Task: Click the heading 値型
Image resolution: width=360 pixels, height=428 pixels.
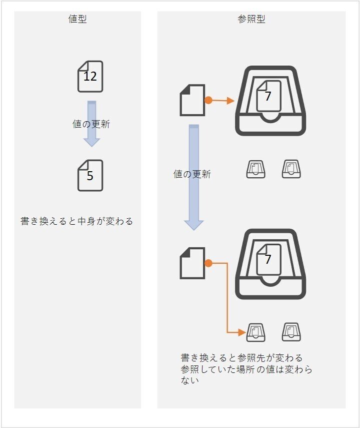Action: click(77, 20)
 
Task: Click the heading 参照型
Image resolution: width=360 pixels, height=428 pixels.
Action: click(251, 20)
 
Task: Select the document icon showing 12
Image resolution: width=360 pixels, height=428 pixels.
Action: click(90, 77)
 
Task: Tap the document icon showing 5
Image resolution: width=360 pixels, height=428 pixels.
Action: click(90, 175)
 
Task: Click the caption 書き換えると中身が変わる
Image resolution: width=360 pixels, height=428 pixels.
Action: click(77, 221)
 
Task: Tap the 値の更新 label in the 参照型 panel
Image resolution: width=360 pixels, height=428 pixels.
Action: click(192, 174)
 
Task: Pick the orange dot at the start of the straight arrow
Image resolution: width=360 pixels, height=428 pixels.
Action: click(208, 101)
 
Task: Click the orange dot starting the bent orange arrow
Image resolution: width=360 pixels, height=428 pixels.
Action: click(208, 263)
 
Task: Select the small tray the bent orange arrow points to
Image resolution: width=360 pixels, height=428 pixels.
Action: click(255, 331)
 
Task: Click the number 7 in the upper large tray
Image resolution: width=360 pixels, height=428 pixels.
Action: click(268, 96)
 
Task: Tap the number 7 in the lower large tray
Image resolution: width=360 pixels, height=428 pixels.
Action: click(268, 259)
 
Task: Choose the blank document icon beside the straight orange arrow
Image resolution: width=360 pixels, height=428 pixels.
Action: click(192, 100)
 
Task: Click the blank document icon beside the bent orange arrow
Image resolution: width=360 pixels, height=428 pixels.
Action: click(192, 263)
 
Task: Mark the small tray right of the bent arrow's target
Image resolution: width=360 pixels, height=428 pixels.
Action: click(291, 331)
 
